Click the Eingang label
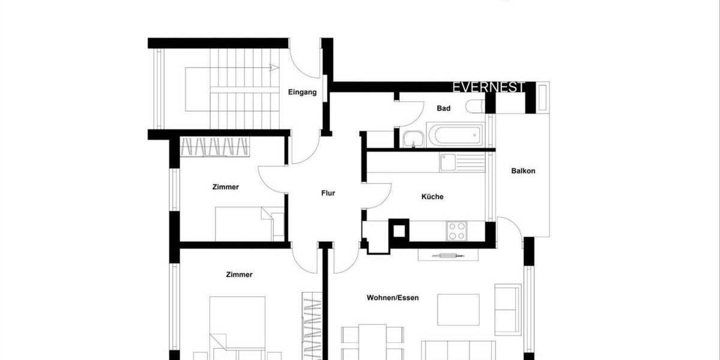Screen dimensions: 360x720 302,92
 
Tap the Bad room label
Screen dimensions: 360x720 443,109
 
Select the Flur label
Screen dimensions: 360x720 328,193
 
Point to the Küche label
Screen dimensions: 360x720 432,197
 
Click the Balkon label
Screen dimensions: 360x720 523,171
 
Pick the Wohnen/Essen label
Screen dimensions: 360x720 392,298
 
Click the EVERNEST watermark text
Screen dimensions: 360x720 488,88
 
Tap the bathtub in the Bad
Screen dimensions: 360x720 454,135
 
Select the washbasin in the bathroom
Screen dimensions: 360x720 412,140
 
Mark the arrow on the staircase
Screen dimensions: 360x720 273,68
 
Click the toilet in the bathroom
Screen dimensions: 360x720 476,107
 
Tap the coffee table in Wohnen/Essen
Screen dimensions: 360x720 458,310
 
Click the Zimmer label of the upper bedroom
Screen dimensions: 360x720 226,187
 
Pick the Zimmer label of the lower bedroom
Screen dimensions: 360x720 239,275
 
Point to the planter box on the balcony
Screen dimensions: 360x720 542,97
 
